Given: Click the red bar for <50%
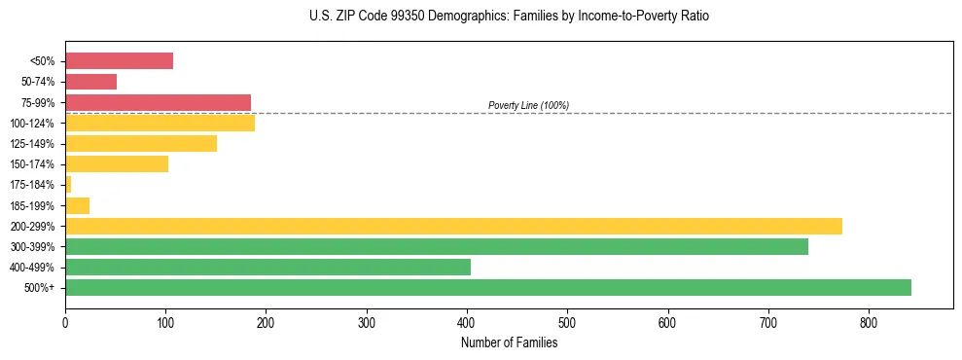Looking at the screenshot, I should click(x=119, y=61).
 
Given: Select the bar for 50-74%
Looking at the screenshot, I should click(x=90, y=82).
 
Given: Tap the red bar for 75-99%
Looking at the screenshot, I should click(x=158, y=102).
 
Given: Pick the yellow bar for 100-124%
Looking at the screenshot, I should click(x=160, y=123).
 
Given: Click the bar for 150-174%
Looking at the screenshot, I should click(x=116, y=163).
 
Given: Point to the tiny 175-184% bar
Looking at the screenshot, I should click(x=68, y=184).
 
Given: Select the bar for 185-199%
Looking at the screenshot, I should click(x=77, y=205).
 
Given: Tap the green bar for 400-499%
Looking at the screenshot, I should click(x=267, y=267).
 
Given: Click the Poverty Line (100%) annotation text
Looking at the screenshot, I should click(x=528, y=105).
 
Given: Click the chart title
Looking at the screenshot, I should click(x=510, y=17).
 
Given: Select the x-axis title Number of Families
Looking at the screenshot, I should click(x=509, y=342).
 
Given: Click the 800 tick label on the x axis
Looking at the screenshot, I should click(x=869, y=322).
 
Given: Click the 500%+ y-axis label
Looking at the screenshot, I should click(x=40, y=288).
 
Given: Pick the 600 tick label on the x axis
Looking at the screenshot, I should click(x=668, y=322).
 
